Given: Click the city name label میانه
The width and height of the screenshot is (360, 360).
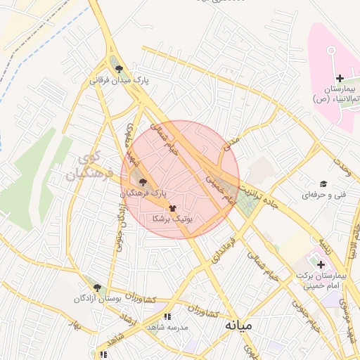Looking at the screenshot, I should (x=238, y=327).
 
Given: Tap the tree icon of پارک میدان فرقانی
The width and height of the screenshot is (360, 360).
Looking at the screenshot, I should (x=119, y=69).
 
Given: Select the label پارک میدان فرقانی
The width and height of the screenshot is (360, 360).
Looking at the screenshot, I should (x=119, y=81).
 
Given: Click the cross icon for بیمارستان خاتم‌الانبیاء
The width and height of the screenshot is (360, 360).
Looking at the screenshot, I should (x=340, y=77).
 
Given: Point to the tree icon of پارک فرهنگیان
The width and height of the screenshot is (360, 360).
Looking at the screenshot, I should (x=144, y=181).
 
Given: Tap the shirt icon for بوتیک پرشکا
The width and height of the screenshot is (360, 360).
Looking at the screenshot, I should (x=172, y=208).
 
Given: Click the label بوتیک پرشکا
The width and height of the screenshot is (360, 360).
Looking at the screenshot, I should (x=172, y=219).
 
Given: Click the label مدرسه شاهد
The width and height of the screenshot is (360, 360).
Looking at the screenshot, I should (x=167, y=328).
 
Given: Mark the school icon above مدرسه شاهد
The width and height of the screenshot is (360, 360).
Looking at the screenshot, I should (x=167, y=317).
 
